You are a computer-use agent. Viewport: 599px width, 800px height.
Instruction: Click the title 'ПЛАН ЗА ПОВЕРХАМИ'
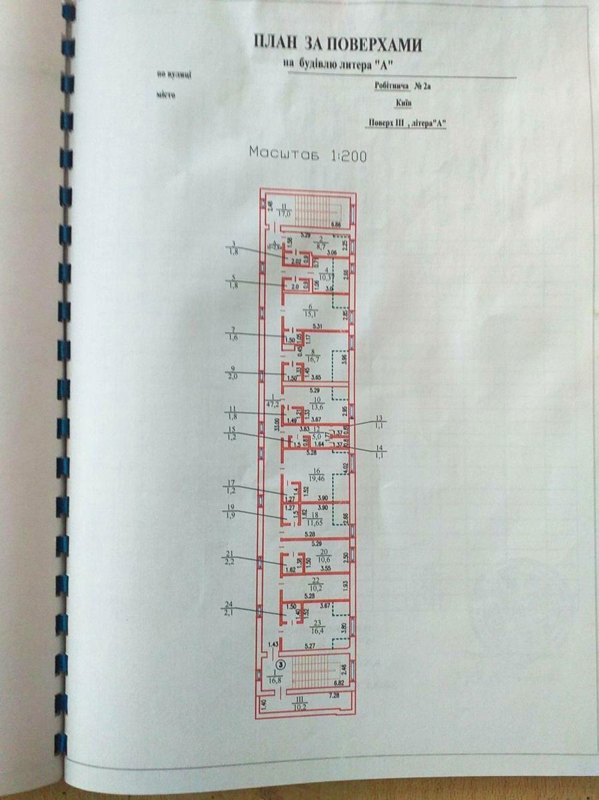pyautogui.click(x=337, y=45)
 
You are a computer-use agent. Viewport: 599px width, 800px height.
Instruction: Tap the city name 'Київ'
pyautogui.click(x=402, y=103)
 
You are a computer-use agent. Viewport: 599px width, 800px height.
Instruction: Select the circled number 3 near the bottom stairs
pyautogui.click(x=282, y=663)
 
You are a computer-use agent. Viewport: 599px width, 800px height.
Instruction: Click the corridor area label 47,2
pyautogui.click(x=272, y=403)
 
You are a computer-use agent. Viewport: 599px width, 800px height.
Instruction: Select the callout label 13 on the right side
pyautogui.click(x=380, y=421)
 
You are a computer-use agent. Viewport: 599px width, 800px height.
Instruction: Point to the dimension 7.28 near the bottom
pyautogui.click(x=334, y=695)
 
